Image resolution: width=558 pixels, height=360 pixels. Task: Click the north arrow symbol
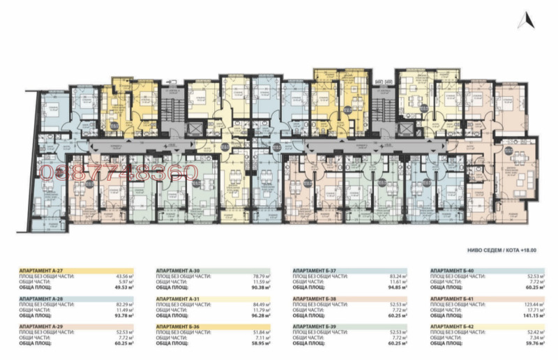pos(525,22)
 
